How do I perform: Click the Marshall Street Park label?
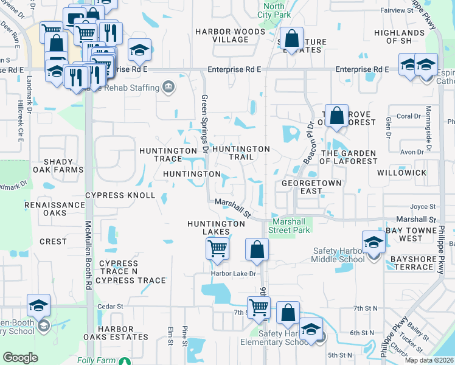click(x=291, y=225)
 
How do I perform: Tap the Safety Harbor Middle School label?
click(x=337, y=255)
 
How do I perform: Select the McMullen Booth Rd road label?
click(x=88, y=255)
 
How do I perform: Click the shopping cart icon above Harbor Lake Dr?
click(x=217, y=248)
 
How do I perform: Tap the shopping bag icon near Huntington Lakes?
click(x=257, y=248)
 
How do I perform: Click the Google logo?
click(x=20, y=358)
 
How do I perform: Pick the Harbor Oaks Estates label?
click(x=123, y=333)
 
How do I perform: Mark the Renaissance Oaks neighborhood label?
click(x=54, y=209)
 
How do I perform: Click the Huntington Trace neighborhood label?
click(x=160, y=155)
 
